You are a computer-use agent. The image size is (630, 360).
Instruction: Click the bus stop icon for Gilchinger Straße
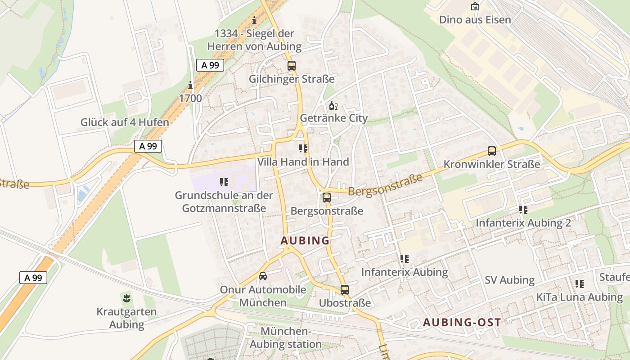(291, 66)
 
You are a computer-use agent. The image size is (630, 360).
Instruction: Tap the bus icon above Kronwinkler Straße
(491, 151)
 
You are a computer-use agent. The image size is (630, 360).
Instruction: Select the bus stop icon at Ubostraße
(344, 290)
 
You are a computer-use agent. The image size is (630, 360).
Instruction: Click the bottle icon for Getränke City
(333, 106)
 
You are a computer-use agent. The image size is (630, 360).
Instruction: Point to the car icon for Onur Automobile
(263, 276)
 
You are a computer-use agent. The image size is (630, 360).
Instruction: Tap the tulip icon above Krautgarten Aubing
(126, 297)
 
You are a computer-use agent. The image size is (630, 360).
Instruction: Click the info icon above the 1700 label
(190, 85)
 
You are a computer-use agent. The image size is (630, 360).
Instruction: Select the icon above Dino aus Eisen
(475, 6)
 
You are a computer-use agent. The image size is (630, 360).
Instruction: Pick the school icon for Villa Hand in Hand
(303, 148)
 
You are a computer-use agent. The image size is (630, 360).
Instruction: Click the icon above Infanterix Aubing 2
(523, 209)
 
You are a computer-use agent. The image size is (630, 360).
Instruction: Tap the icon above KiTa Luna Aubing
(579, 283)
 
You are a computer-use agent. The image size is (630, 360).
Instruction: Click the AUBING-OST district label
(462, 322)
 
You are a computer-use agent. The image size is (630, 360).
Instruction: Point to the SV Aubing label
(509, 280)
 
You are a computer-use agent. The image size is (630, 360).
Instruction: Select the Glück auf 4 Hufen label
(125, 122)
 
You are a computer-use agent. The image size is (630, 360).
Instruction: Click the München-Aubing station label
(285, 338)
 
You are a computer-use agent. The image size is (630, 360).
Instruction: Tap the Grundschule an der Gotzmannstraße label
(224, 202)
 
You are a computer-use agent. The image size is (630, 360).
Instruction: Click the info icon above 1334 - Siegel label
(254, 20)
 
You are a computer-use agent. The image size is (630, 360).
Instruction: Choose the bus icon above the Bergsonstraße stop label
(327, 197)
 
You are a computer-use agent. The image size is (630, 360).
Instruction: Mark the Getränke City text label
(333, 118)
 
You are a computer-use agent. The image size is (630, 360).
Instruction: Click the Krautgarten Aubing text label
(126, 318)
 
